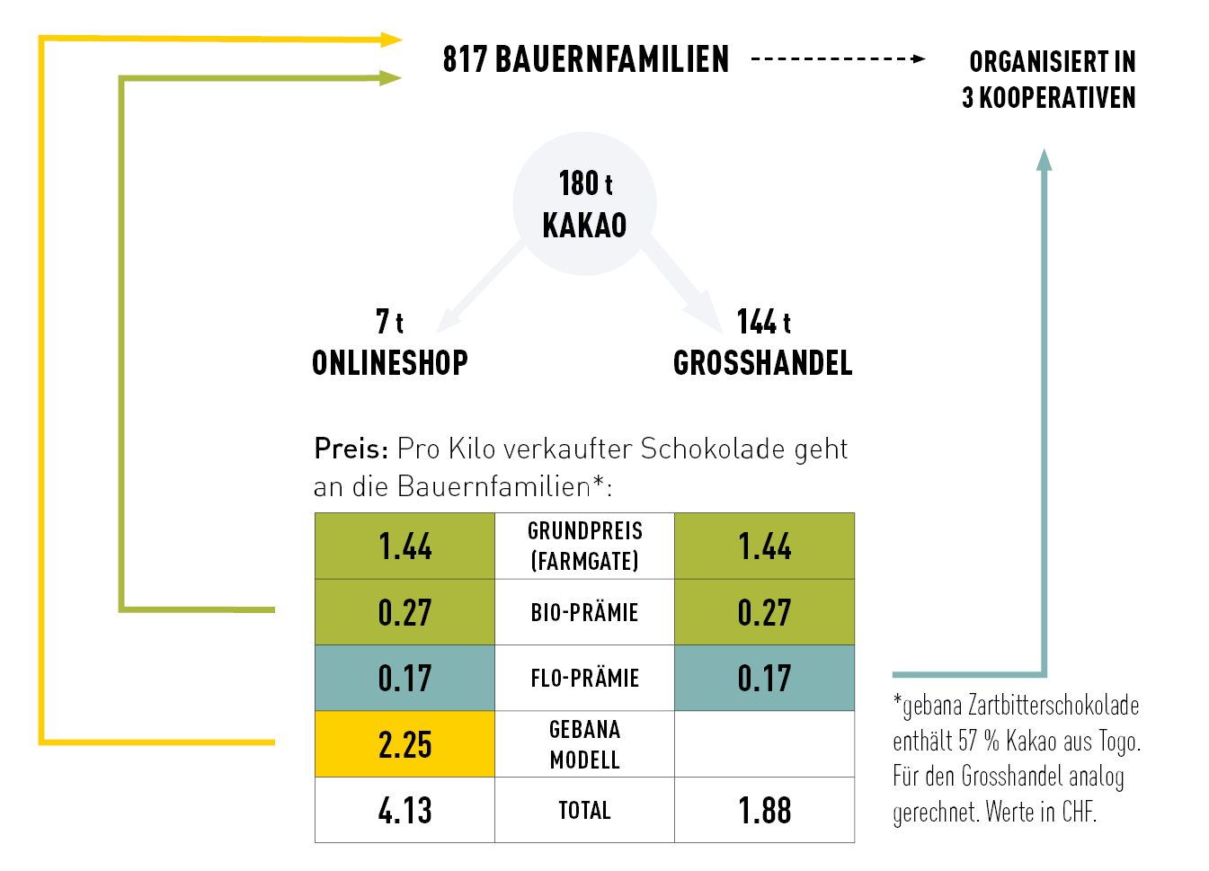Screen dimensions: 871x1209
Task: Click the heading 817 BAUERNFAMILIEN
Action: pos(585,59)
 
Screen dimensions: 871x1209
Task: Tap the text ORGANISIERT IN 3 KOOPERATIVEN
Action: pos(1049,79)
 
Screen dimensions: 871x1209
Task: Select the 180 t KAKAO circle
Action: pos(584,203)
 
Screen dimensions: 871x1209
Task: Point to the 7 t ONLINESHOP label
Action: pos(389,342)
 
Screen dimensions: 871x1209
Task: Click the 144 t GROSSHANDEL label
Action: pos(763,342)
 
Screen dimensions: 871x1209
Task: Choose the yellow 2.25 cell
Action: pos(404,744)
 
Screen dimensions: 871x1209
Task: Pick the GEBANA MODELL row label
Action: pos(584,744)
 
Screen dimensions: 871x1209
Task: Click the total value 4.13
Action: pos(404,811)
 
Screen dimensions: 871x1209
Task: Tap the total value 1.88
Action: pos(764,811)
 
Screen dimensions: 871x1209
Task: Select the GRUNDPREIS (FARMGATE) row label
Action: pos(584,546)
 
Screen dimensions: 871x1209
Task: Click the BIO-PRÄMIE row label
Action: pos(584,612)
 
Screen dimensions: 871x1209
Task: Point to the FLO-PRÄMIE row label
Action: pos(584,678)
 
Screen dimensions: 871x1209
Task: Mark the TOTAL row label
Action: pos(584,811)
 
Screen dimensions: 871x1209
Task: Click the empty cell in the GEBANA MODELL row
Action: pos(764,744)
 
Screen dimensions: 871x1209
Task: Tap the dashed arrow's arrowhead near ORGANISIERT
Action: pos(919,59)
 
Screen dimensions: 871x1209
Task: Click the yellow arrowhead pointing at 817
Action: pos(391,40)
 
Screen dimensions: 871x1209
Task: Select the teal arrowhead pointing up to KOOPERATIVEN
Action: pos(1044,160)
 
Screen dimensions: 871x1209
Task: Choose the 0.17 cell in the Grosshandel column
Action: pos(764,678)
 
